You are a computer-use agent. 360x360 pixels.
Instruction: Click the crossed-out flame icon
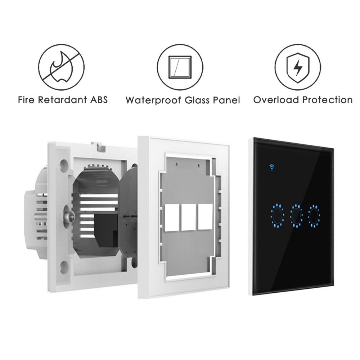click(x=61, y=67)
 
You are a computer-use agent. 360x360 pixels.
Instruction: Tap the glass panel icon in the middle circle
click(x=180, y=67)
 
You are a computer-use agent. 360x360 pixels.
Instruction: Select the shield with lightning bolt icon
click(x=298, y=68)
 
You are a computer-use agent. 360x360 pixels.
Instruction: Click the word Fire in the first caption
click(x=26, y=100)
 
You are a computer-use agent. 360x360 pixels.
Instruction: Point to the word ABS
click(x=99, y=100)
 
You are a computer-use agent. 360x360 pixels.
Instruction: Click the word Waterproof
click(x=153, y=100)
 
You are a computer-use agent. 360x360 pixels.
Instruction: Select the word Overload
click(x=276, y=100)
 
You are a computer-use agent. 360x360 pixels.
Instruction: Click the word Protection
click(x=327, y=100)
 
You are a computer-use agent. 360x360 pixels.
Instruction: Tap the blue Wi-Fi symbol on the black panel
click(x=272, y=167)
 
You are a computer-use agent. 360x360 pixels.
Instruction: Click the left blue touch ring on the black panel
click(x=277, y=216)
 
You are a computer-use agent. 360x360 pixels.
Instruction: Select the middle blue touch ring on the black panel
click(x=296, y=216)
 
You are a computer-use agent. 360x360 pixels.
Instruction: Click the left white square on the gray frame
click(x=172, y=218)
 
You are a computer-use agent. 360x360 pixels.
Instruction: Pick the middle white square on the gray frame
click(x=189, y=217)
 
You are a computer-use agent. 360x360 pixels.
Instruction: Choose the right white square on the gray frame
click(x=206, y=217)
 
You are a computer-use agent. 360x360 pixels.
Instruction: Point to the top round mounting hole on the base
click(x=64, y=165)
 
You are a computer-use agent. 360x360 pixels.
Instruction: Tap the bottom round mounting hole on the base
click(x=64, y=267)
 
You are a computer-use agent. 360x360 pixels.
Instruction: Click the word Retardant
click(x=62, y=100)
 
